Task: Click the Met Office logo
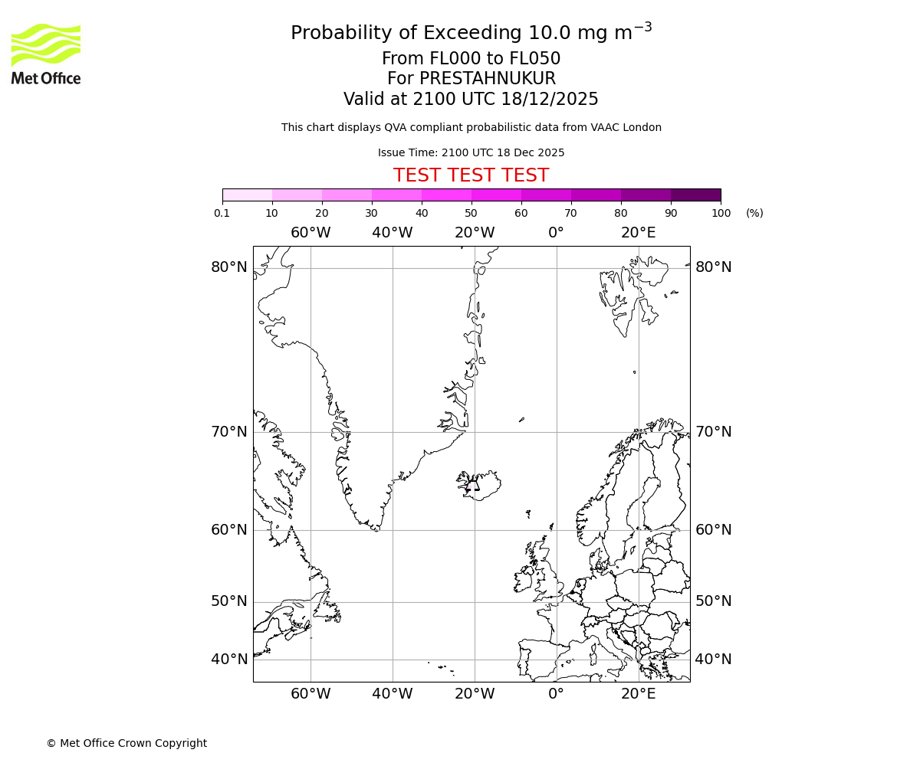(46, 54)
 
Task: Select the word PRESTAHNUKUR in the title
(488, 79)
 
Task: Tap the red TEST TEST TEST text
(471, 175)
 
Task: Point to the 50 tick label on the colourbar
(471, 213)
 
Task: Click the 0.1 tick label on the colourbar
(222, 213)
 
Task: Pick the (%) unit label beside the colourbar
(754, 213)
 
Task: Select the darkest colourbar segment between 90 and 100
(695, 195)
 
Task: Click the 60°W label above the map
(310, 233)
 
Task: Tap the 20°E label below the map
(638, 694)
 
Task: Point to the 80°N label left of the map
(229, 267)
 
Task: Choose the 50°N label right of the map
(713, 601)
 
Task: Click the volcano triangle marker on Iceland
(473, 484)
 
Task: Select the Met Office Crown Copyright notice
(127, 743)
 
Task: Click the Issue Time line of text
(471, 152)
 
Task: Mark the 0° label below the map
(556, 694)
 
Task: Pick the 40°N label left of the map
(229, 660)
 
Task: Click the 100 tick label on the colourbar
(721, 213)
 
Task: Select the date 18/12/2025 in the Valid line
(550, 100)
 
